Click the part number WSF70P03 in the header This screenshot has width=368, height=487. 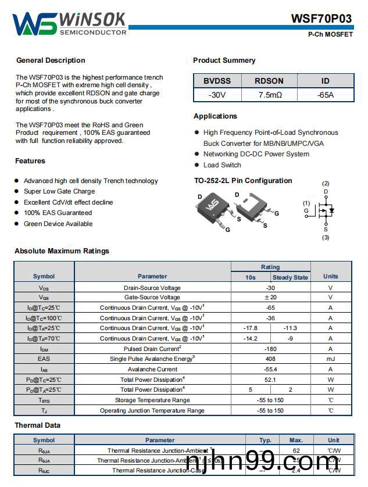click(x=321, y=19)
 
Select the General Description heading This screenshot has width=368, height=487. click(x=51, y=60)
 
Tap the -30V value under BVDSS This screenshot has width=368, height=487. click(x=217, y=95)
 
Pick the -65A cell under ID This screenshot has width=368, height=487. click(x=325, y=95)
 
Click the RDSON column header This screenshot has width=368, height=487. click(x=270, y=81)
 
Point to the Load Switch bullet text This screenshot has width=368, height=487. click(x=222, y=165)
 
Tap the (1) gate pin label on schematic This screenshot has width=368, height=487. click(x=306, y=203)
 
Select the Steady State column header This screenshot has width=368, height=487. click(x=290, y=277)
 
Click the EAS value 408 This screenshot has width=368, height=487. click(x=270, y=359)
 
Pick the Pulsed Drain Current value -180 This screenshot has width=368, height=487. click(x=270, y=349)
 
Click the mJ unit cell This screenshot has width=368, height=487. click(x=330, y=359)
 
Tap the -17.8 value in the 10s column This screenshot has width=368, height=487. click(x=250, y=328)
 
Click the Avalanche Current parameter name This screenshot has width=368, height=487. click(x=152, y=369)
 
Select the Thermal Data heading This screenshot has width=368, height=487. click(x=37, y=425)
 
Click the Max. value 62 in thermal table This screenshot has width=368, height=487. click(x=296, y=450)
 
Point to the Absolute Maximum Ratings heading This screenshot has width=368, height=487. click(x=62, y=251)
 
